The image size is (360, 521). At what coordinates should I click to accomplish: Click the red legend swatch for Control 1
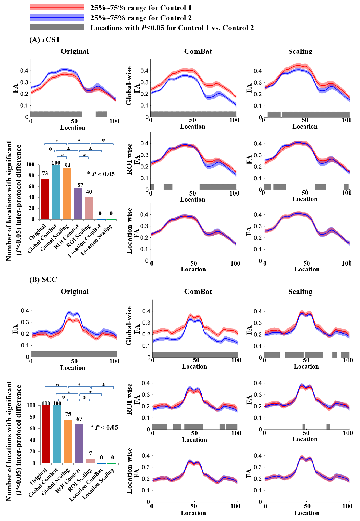(56, 7)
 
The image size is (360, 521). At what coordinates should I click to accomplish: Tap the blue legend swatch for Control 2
(56, 18)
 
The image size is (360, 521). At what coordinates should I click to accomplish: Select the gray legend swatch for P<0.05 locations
(56, 27)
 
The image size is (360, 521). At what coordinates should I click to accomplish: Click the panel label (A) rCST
(45, 40)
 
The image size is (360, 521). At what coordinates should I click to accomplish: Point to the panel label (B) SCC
(43, 279)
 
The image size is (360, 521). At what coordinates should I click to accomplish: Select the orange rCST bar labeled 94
(67, 194)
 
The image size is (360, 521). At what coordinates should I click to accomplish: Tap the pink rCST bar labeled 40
(89, 208)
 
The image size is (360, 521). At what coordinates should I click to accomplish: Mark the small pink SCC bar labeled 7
(91, 461)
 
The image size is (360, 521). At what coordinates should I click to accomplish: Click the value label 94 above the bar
(67, 165)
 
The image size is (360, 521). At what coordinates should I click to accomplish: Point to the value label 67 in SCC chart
(79, 419)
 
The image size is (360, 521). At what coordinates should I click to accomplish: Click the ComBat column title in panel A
(198, 51)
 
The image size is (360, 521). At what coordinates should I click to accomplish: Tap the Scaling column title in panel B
(300, 292)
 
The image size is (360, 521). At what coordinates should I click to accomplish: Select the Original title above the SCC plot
(75, 292)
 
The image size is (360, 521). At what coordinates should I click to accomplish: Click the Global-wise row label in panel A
(129, 86)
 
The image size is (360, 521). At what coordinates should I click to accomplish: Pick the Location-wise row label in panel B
(129, 471)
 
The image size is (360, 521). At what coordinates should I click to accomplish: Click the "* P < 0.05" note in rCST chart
(101, 174)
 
